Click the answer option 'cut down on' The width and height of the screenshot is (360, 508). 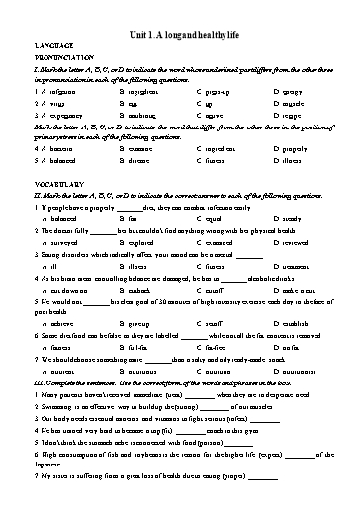pos(61,294)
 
